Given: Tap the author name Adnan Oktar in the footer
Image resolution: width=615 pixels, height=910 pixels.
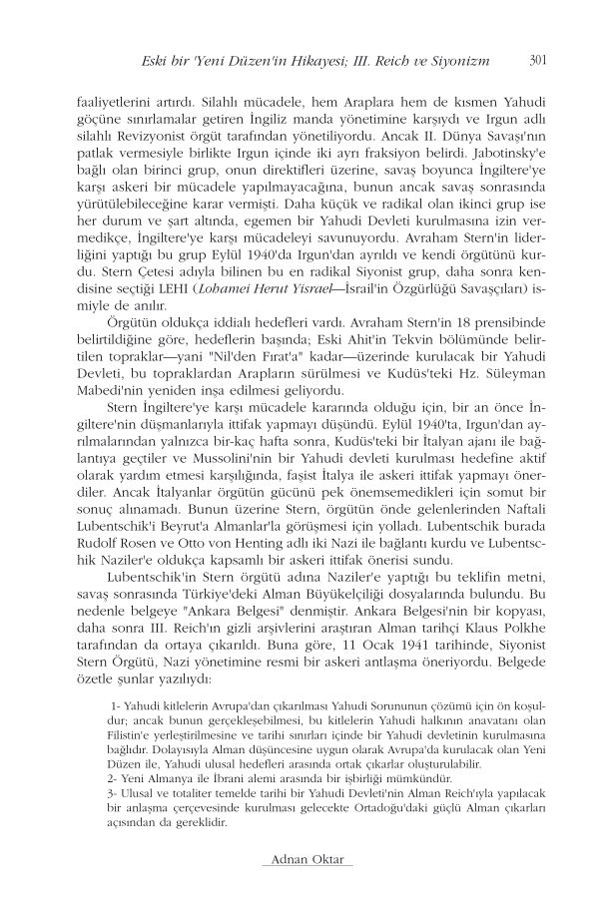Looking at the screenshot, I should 307,860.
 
